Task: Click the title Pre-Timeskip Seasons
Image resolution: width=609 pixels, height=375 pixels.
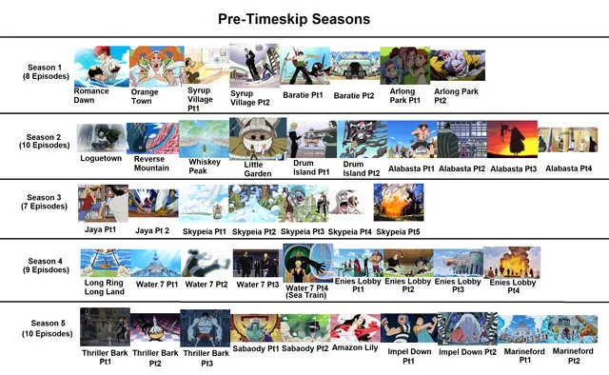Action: click(294, 18)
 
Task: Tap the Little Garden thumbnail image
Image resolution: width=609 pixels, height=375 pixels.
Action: click(258, 137)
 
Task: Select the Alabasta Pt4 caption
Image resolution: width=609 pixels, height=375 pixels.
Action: click(569, 168)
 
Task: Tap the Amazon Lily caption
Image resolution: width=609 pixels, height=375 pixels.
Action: click(354, 349)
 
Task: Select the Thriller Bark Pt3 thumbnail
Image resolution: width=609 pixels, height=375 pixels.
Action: click(205, 328)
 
